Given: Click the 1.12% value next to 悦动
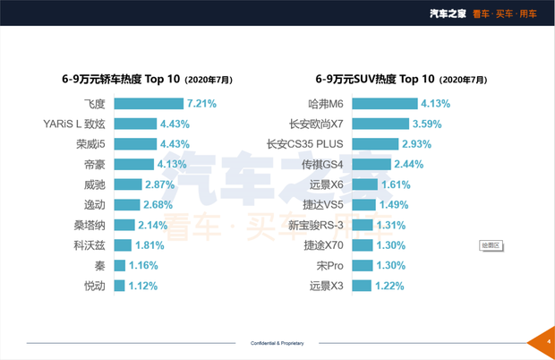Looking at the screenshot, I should pyautogui.click(x=143, y=286).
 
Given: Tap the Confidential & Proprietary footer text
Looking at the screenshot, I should pyautogui.click(x=277, y=342).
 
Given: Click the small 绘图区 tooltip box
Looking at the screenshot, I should pyautogui.click(x=491, y=244).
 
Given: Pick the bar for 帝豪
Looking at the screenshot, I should pyautogui.click(x=132, y=165).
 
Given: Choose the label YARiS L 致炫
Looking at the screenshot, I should pyautogui.click(x=74, y=124).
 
